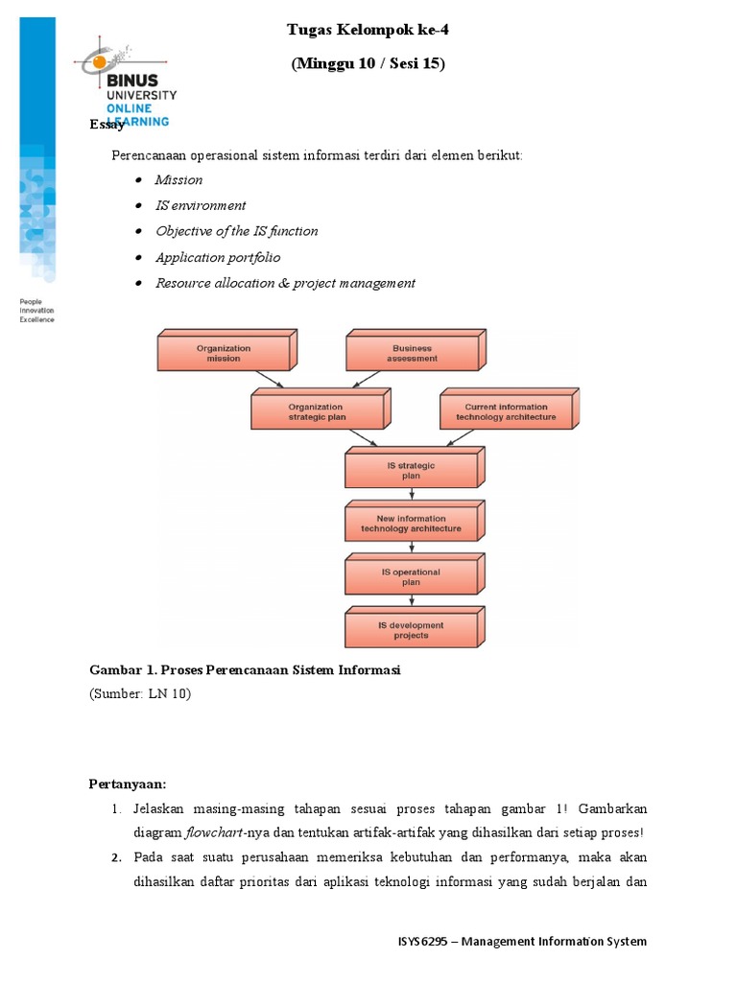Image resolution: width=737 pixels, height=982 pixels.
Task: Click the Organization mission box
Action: click(x=224, y=353)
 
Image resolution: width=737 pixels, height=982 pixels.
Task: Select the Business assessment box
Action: click(x=412, y=353)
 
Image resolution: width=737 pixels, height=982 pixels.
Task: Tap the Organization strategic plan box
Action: click(x=317, y=411)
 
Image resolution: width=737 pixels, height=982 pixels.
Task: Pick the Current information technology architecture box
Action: click(x=506, y=411)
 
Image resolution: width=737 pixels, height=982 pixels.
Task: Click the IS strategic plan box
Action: click(x=411, y=470)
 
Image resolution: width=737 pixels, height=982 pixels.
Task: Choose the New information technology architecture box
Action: click(x=411, y=524)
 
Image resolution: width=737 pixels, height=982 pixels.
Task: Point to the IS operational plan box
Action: click(x=411, y=577)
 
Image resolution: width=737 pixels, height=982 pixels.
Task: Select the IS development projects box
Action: click(x=411, y=630)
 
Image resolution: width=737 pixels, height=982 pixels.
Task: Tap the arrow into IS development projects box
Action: click(x=412, y=603)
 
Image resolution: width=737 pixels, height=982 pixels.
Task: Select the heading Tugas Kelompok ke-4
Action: click(x=368, y=30)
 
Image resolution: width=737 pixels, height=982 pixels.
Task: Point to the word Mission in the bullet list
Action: click(x=179, y=179)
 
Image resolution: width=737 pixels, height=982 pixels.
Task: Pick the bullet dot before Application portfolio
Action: click(x=140, y=257)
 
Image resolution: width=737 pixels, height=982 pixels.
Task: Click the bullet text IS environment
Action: click(x=201, y=205)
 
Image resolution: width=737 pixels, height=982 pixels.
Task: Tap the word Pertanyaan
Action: click(x=128, y=783)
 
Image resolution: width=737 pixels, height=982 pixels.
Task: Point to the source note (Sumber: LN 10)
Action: click(x=141, y=693)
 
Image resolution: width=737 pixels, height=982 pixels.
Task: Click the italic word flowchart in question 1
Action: click(x=216, y=832)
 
